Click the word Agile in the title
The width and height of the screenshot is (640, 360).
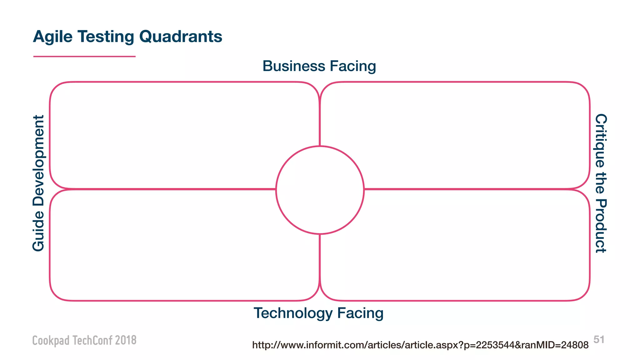click(x=53, y=37)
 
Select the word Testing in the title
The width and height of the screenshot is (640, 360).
click(x=106, y=37)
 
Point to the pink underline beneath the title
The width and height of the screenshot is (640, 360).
click(x=84, y=57)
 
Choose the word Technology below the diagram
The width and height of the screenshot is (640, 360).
click(x=293, y=313)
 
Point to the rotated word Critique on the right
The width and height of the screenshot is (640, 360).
click(x=601, y=140)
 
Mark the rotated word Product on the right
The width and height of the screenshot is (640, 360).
click(x=601, y=226)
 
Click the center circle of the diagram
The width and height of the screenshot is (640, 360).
click(x=320, y=190)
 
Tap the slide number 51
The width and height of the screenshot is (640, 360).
click(x=599, y=339)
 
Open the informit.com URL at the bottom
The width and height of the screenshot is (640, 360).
click(x=420, y=345)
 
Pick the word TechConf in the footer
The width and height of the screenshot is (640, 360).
click(x=92, y=340)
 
